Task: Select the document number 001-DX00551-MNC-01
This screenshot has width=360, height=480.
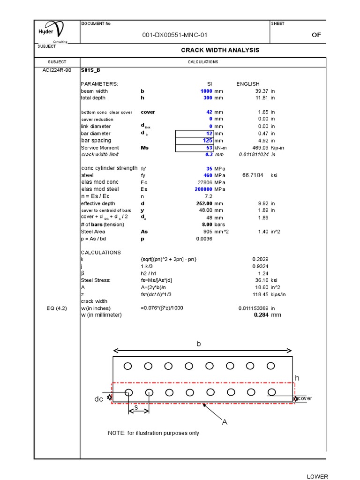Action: pyautogui.click(x=175, y=35)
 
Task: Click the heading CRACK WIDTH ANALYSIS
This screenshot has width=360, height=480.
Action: pyautogui.click(x=220, y=50)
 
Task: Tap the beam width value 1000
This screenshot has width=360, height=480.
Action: pyautogui.click(x=206, y=91)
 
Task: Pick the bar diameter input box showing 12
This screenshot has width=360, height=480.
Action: pyautogui.click(x=194, y=134)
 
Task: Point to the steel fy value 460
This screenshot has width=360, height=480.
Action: pyautogui.click(x=208, y=175)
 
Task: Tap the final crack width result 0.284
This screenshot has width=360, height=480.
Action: pyautogui.click(x=260, y=315)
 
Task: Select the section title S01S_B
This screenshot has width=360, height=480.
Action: pyautogui.click(x=90, y=70)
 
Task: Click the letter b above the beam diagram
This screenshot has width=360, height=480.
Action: pyautogui.click(x=198, y=344)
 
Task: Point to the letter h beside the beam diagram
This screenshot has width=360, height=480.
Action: pyautogui.click(x=296, y=378)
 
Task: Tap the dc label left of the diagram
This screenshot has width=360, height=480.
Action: pyautogui.click(x=98, y=399)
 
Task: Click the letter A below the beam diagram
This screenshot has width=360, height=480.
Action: pyautogui.click(x=225, y=422)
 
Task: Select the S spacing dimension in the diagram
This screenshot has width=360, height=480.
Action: pyautogui.click(x=136, y=408)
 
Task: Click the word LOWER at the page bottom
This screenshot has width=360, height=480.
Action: pyautogui.click(x=317, y=477)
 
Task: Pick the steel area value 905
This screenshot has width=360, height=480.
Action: pyautogui.click(x=208, y=232)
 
